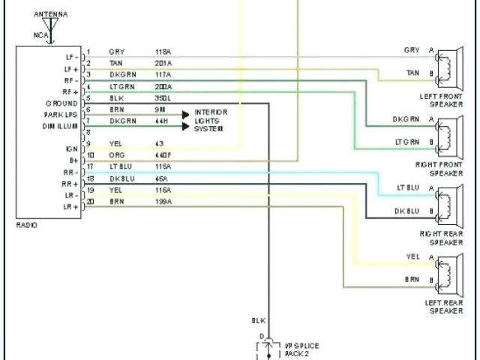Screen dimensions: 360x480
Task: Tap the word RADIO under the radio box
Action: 26,225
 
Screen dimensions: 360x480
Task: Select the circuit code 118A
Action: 163,52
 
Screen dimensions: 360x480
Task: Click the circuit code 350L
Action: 163,98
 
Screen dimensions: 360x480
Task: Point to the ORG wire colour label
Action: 116,154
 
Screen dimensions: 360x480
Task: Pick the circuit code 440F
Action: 163,154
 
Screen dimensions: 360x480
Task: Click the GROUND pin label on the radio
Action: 62,103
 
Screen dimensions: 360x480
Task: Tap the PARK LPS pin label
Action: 60,115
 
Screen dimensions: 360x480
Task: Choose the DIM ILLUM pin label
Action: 60,126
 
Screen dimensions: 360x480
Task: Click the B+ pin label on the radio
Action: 73,160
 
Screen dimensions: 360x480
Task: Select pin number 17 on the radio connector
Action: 90,166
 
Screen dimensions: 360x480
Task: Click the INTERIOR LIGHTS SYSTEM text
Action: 211,120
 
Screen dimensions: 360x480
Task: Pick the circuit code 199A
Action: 163,202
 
